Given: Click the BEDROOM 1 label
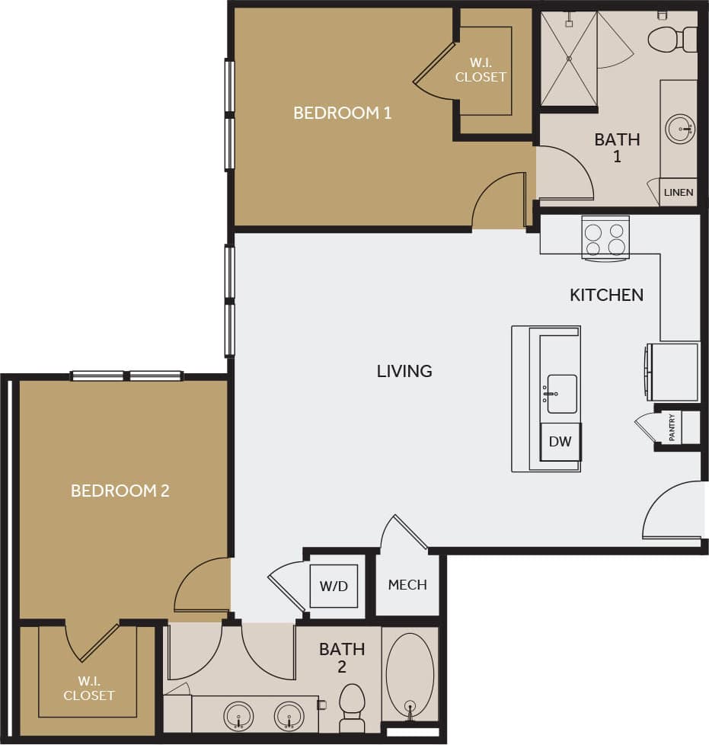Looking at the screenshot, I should point(342,114).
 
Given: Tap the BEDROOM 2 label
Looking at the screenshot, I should point(120,491).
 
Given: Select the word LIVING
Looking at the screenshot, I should point(404,371).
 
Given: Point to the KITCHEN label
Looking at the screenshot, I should point(606,295).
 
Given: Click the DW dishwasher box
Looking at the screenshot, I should point(560,442).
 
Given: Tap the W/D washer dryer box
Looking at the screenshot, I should point(334,586).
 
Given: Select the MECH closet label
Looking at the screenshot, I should point(407,585).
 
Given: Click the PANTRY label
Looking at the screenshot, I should point(672,427).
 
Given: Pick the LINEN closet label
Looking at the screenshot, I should point(679,192).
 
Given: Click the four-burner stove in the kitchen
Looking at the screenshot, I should point(605,238).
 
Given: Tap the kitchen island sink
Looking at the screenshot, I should point(561,394).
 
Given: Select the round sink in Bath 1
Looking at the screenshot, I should point(680,129).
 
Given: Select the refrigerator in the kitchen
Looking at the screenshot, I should point(672,372).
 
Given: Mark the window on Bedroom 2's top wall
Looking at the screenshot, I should point(126,376).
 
